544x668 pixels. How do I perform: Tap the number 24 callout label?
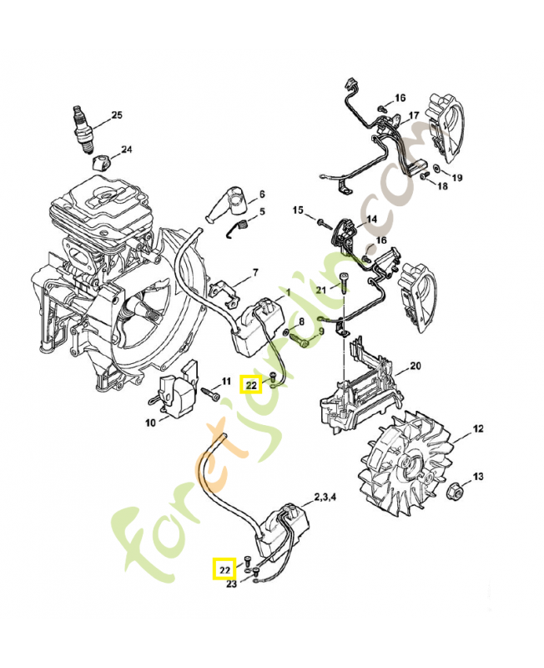[126, 150]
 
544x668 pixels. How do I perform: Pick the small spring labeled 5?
[240, 226]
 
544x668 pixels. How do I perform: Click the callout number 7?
[255, 273]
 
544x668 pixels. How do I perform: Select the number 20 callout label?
[415, 367]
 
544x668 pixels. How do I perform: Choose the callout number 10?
[150, 423]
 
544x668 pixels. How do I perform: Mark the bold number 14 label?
[371, 220]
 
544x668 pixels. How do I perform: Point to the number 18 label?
[442, 186]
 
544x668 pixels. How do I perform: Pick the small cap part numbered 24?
[100, 160]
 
